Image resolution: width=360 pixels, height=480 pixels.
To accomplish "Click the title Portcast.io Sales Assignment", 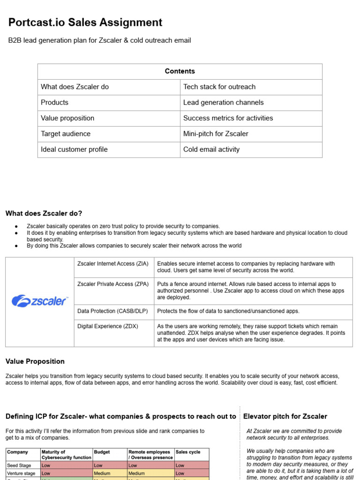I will tap(85, 22).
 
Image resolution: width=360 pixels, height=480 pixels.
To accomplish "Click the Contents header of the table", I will tap(180, 71).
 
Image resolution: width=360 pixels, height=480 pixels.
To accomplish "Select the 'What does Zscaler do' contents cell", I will tap(75, 87).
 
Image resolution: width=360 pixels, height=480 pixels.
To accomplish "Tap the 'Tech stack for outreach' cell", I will tap(219, 87).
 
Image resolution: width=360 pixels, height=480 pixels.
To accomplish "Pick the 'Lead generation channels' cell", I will tap(223, 102).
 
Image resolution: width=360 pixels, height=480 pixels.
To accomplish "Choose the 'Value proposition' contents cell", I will tap(67, 118).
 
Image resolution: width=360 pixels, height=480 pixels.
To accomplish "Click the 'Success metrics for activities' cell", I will tap(228, 118).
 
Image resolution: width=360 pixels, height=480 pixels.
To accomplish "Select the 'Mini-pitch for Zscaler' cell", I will tap(216, 134).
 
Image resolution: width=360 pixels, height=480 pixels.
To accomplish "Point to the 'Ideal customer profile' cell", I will tap(74, 150).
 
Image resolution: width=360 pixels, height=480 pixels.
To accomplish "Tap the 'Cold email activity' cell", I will tap(211, 150).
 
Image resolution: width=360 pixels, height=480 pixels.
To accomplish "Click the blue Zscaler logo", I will tap(40, 300).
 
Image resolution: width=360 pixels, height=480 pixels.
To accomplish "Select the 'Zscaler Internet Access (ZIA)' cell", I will tap(112, 264).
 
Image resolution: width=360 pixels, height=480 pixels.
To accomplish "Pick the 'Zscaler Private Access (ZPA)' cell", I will tap(113, 284).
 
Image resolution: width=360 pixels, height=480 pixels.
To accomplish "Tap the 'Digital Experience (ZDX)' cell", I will tap(108, 326).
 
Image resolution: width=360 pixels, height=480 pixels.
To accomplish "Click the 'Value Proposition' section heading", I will tap(35, 361).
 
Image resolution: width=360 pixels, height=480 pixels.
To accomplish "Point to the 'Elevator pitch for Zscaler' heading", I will tap(285, 416).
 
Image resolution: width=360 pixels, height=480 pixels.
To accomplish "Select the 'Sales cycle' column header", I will tap(188, 452).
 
